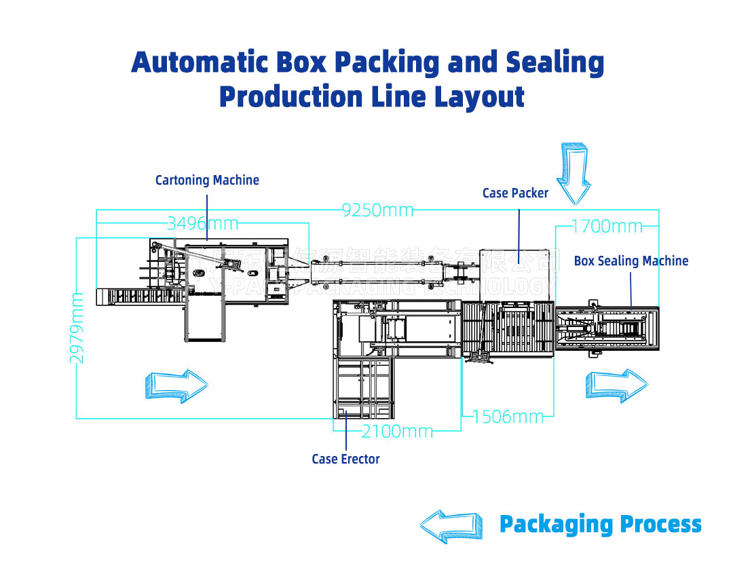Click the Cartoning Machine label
click(x=207, y=180)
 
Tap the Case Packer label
click(x=515, y=193)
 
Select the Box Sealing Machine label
click(x=631, y=261)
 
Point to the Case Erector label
click(x=345, y=459)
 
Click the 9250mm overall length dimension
click(x=377, y=210)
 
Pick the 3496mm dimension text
click(x=202, y=223)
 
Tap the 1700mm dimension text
click(x=606, y=226)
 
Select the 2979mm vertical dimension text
click(x=78, y=327)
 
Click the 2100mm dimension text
click(x=397, y=431)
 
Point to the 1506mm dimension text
click(x=508, y=417)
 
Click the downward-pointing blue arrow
click(x=574, y=174)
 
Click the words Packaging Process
click(x=600, y=525)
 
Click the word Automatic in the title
click(x=200, y=63)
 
